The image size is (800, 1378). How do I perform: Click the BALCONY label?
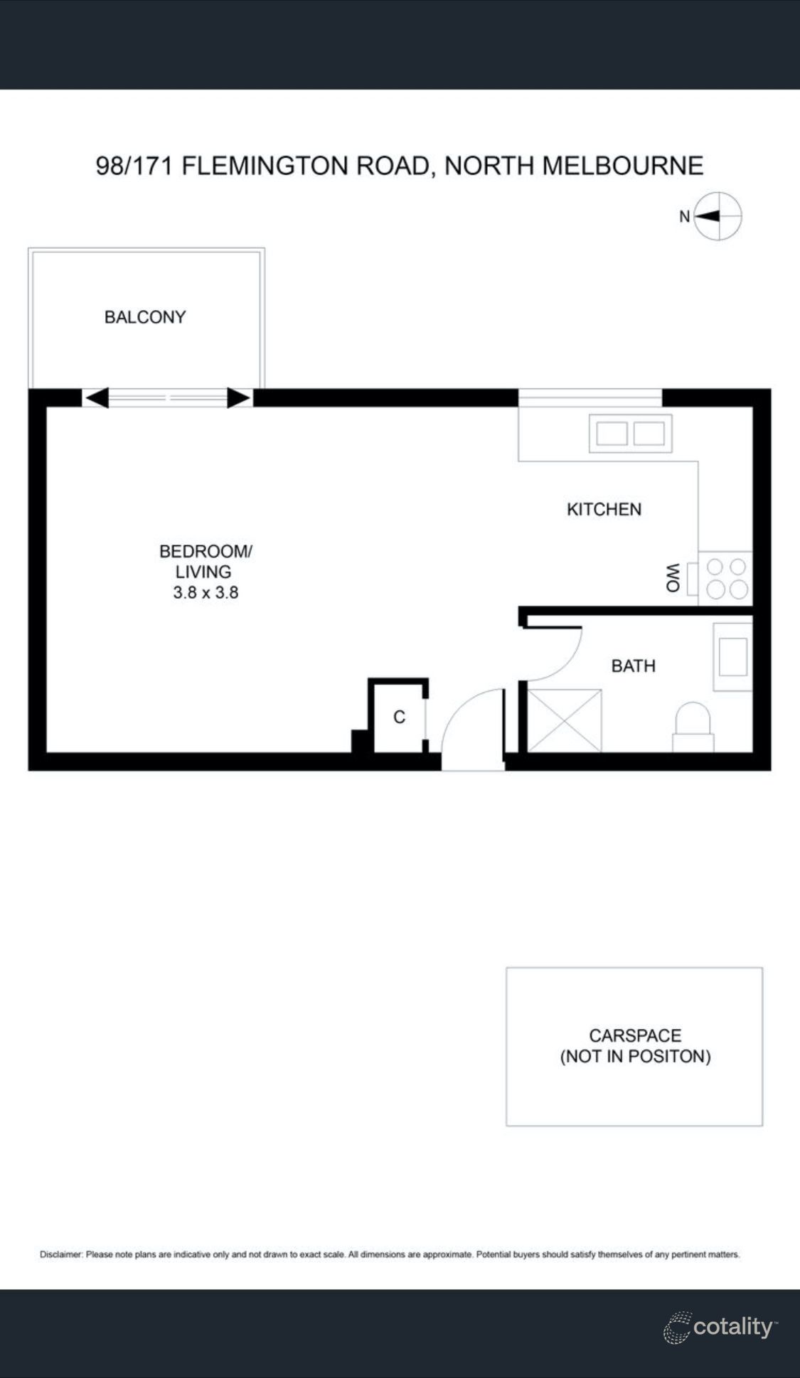[x=145, y=317]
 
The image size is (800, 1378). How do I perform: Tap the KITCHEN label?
[x=604, y=509]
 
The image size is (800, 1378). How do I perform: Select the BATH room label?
[x=633, y=666]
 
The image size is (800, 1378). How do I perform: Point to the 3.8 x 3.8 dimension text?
[x=206, y=592]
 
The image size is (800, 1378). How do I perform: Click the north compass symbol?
[x=717, y=216]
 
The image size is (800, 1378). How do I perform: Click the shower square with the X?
[x=565, y=720]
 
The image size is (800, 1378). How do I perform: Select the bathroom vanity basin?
[x=732, y=656]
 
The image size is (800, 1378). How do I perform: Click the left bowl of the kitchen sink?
[x=612, y=433]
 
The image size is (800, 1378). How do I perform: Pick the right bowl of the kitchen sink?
[x=649, y=433]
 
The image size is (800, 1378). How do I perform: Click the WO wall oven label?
[x=673, y=577]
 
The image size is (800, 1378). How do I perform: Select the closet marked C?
[x=399, y=717]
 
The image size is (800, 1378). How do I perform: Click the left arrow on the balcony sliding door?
[x=97, y=398]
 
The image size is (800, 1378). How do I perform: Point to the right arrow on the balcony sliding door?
[x=239, y=398]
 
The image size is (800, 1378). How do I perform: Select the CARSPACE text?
[x=634, y=1035]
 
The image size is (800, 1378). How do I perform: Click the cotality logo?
[x=720, y=1327]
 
